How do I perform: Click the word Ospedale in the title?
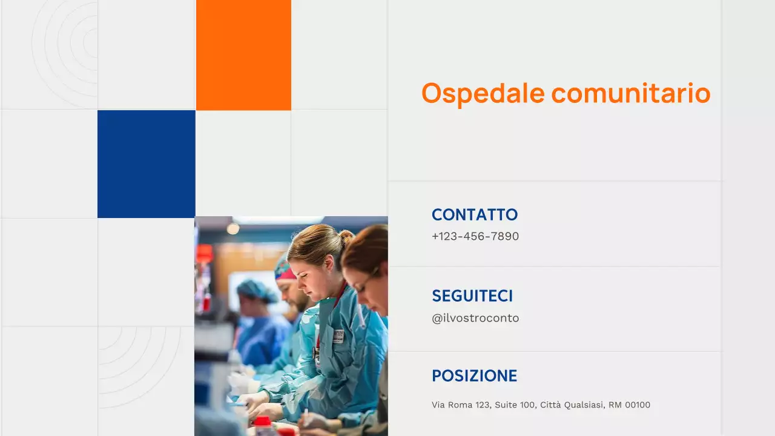click(x=483, y=93)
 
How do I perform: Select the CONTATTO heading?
click(x=474, y=214)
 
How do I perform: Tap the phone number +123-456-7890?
click(x=475, y=236)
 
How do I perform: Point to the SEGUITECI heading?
click(x=472, y=296)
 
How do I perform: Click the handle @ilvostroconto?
click(x=475, y=318)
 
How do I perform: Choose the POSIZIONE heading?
click(x=474, y=375)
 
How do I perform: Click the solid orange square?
click(x=243, y=54)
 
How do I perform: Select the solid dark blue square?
click(x=147, y=163)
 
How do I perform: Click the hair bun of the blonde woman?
click(x=346, y=236)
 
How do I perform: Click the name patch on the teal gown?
click(x=338, y=336)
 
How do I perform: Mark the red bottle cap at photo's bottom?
click(x=262, y=421)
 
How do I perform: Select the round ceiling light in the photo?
click(x=233, y=228)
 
